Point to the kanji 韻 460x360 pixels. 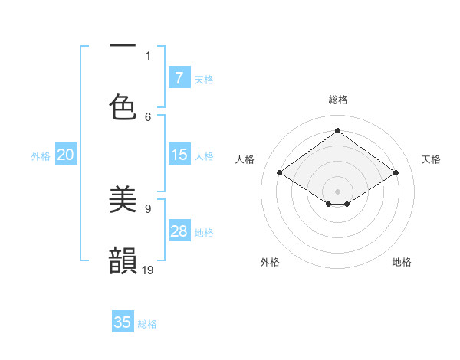pyautogui.click(x=123, y=260)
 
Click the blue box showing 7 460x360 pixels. pyautogui.click(x=179, y=78)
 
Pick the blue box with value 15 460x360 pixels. pyautogui.click(x=179, y=155)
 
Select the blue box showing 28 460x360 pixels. pyautogui.click(x=179, y=231)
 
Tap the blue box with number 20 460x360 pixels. pyautogui.click(x=66, y=155)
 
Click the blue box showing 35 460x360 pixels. pyautogui.click(x=123, y=322)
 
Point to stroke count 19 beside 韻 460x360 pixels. pyautogui.click(x=149, y=270)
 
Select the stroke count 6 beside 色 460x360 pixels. pyautogui.click(x=148, y=116)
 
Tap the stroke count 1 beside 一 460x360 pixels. pyautogui.click(x=148, y=55)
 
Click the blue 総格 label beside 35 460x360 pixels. pyautogui.click(x=147, y=324)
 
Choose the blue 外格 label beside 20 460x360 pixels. pyautogui.click(x=41, y=156)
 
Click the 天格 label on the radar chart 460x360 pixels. pyautogui.click(x=431, y=159)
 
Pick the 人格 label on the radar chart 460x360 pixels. pyautogui.click(x=245, y=159)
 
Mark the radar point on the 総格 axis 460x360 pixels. pyautogui.click(x=337, y=131)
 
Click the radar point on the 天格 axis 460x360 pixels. pyautogui.click(x=396, y=173)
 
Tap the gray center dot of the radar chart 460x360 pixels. pyautogui.click(x=337, y=191)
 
